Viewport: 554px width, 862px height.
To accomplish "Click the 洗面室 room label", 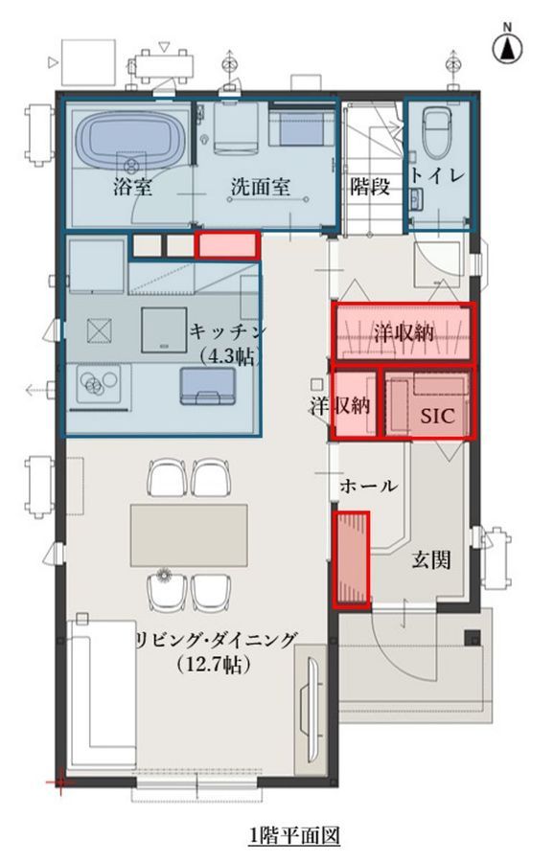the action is pyautogui.click(x=260, y=188).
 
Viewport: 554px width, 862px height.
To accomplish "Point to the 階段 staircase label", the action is pyautogui.click(x=370, y=187).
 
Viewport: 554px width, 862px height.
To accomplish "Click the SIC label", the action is pyautogui.click(x=438, y=416).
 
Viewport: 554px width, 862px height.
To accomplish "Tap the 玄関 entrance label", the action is pyautogui.click(x=431, y=559).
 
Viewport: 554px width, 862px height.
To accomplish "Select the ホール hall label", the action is pyautogui.click(x=368, y=486).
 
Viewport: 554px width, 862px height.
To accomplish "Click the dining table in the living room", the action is pyautogui.click(x=189, y=534).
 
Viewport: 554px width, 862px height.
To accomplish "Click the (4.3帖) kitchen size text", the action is pyautogui.click(x=227, y=357).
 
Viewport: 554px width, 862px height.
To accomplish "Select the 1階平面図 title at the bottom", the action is pyautogui.click(x=294, y=837).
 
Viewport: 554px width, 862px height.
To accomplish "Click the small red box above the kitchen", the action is pyautogui.click(x=226, y=245).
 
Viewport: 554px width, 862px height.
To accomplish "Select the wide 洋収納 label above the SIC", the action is pyautogui.click(x=404, y=333).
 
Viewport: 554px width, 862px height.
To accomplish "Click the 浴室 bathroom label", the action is pyautogui.click(x=132, y=187).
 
